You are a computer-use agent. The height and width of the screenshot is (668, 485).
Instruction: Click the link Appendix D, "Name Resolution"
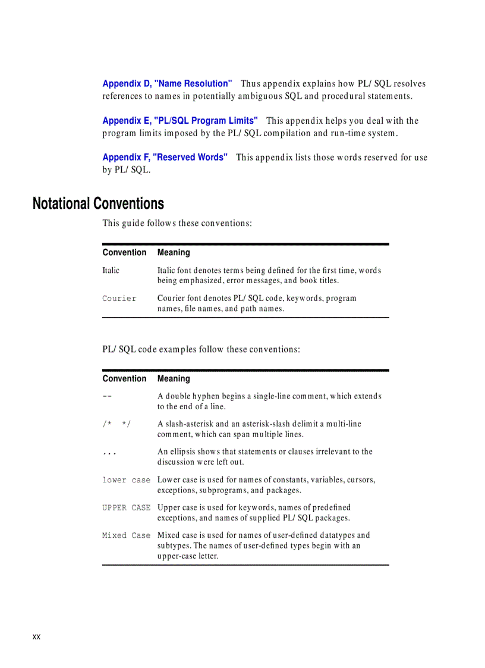tap(167, 84)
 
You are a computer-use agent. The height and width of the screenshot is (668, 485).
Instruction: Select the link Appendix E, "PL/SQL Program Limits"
tap(180, 121)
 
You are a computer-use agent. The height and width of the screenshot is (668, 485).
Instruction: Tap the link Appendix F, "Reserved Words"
tap(165, 158)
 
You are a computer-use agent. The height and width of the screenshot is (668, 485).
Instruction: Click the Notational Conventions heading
tap(98, 203)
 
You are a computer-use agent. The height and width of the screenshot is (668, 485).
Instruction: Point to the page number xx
tap(36, 637)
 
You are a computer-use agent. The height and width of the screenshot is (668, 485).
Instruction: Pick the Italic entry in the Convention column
tap(111, 271)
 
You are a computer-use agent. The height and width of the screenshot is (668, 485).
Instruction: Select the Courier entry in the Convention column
tap(119, 299)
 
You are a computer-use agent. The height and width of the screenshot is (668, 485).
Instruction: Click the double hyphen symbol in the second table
tap(108, 396)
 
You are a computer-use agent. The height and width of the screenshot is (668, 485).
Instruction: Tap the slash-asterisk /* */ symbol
tap(116, 424)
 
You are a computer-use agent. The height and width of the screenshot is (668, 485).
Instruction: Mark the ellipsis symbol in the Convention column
tap(109, 453)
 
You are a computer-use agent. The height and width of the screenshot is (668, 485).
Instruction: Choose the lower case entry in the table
tap(126, 480)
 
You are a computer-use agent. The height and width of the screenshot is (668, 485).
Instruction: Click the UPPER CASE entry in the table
tap(126, 508)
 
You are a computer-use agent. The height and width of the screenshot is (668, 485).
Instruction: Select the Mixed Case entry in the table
tap(126, 535)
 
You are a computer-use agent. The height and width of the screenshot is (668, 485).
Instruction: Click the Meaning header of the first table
tap(174, 253)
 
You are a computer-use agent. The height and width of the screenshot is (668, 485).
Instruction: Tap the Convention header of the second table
tap(124, 379)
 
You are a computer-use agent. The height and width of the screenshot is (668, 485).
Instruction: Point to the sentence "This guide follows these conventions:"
tap(177, 224)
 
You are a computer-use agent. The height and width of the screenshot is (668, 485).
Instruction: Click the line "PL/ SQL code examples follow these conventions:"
tap(201, 349)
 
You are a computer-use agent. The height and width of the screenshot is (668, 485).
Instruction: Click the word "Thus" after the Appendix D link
tap(250, 84)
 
